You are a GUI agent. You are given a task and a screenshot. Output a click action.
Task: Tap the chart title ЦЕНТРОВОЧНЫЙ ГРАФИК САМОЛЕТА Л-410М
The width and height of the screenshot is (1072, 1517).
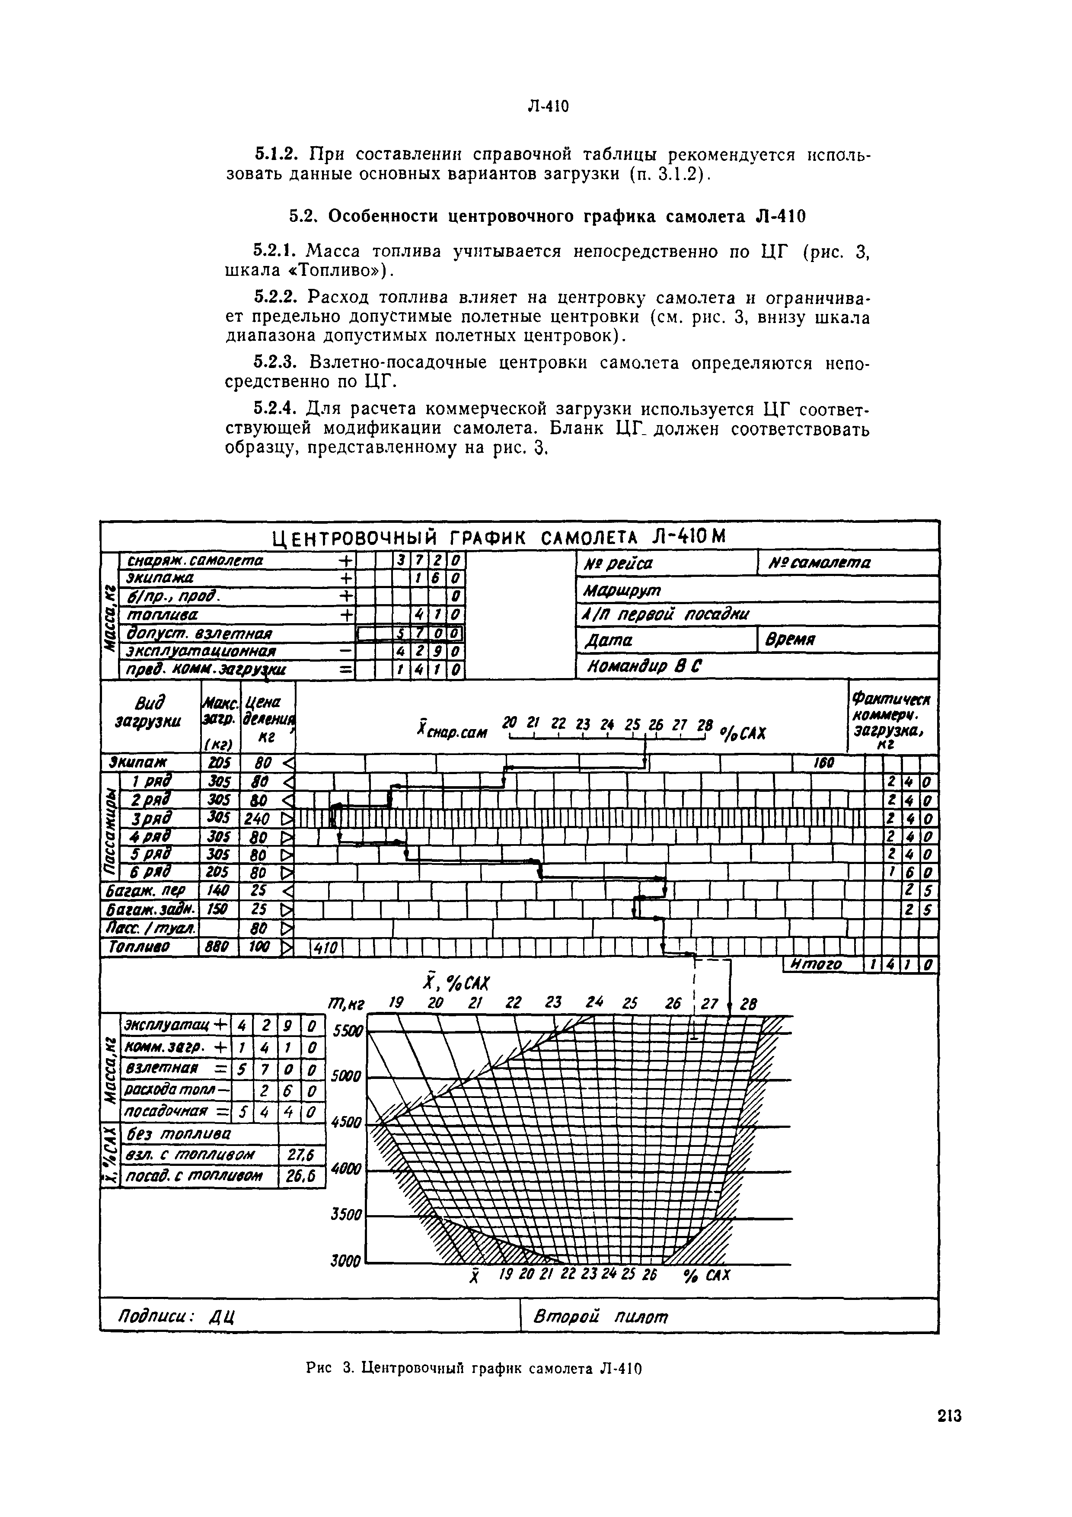[x=499, y=537]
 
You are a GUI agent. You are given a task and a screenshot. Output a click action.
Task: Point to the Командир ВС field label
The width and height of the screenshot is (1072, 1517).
[x=639, y=667]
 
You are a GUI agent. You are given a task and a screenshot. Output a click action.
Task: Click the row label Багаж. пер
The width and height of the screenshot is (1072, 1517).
[x=147, y=891]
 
